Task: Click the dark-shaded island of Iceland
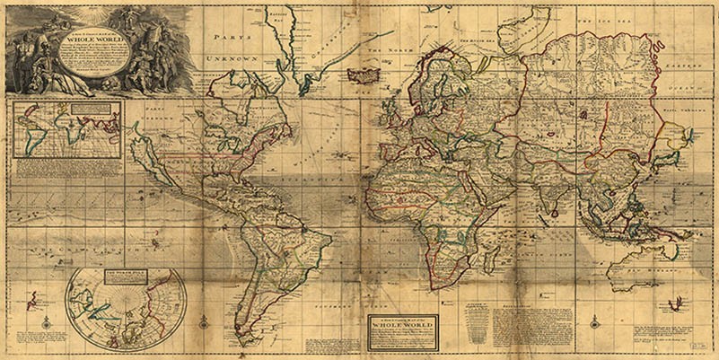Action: point(366,75)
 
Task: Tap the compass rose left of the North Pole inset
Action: point(46,321)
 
